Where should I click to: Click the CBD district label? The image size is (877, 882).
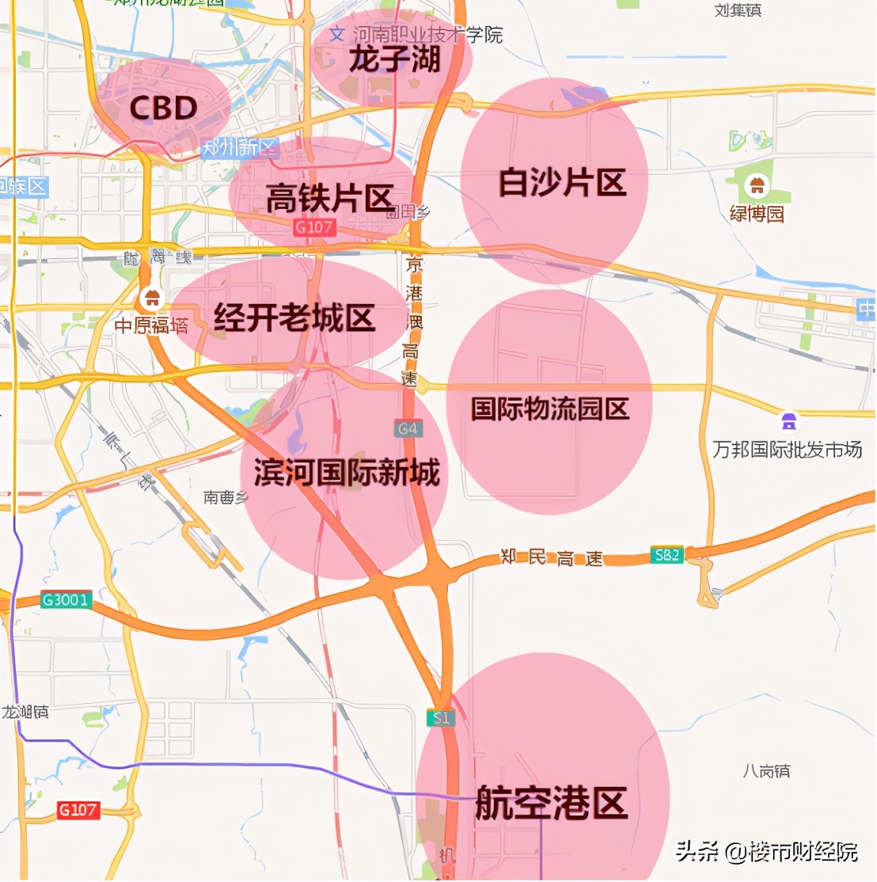pyautogui.click(x=163, y=108)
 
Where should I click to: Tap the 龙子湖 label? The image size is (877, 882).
pyautogui.click(x=394, y=59)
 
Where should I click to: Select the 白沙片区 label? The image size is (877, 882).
pyautogui.click(x=562, y=183)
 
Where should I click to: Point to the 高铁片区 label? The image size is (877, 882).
pyautogui.click(x=329, y=198)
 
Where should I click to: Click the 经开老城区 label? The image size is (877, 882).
pyautogui.click(x=294, y=318)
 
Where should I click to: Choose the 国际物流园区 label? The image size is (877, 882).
pyautogui.click(x=550, y=409)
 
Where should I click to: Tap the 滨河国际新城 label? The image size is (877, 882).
pyautogui.click(x=347, y=473)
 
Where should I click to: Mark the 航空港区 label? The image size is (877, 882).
pyautogui.click(x=551, y=803)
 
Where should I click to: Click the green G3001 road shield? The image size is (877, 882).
pyautogui.click(x=66, y=599)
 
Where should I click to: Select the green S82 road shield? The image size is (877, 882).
pyautogui.click(x=666, y=555)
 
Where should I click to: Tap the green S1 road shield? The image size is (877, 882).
pyautogui.click(x=441, y=718)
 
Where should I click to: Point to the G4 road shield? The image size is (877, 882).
pyautogui.click(x=408, y=429)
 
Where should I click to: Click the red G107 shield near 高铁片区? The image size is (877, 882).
pyautogui.click(x=314, y=227)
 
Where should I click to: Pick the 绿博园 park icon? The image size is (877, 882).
pyautogui.click(x=757, y=186)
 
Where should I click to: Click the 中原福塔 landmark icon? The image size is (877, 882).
pyautogui.click(x=150, y=299)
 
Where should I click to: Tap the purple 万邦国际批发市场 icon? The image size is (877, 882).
pyautogui.click(x=788, y=420)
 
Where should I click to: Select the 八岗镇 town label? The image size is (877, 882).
pyautogui.click(x=765, y=770)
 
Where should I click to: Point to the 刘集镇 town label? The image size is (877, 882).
pyautogui.click(x=738, y=10)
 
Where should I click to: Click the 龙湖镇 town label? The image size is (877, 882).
pyautogui.click(x=25, y=712)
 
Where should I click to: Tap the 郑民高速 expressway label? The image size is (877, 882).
pyautogui.click(x=552, y=558)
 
